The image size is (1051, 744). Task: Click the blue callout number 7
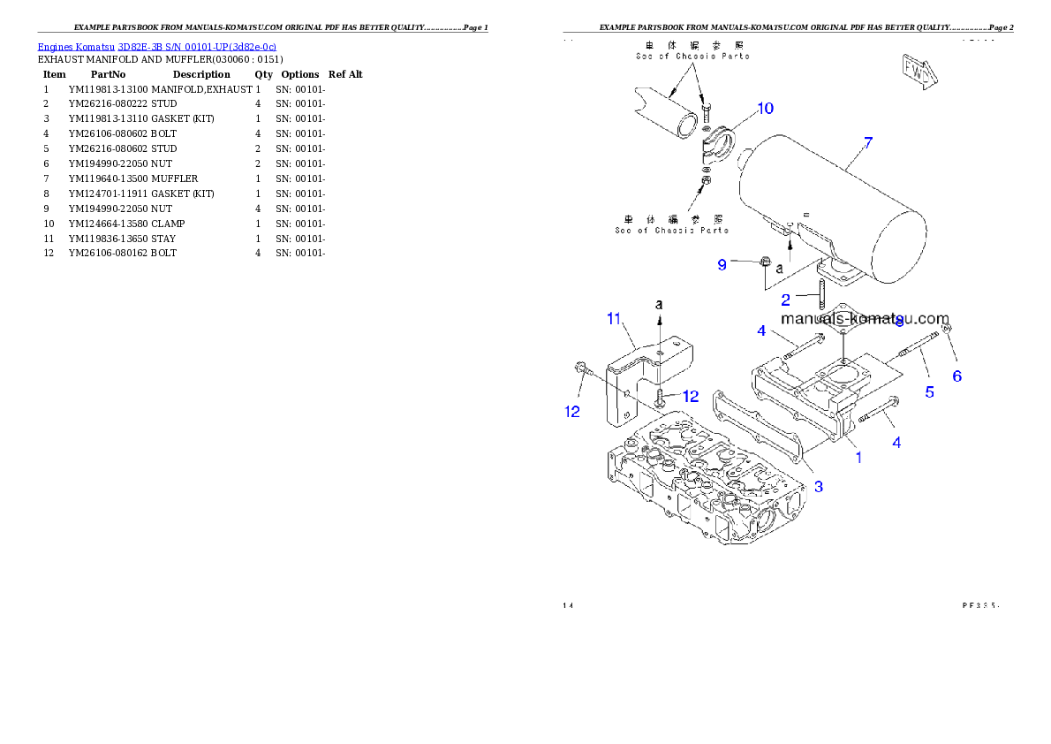point(868,141)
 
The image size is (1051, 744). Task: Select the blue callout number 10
point(765,108)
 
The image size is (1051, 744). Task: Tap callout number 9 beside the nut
point(722,264)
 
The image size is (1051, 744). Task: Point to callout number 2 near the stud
point(785,300)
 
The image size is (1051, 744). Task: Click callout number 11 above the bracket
point(615,319)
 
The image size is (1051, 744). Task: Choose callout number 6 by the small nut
point(956,376)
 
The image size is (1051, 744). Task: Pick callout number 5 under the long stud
point(929,391)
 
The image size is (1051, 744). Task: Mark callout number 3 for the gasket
point(819,486)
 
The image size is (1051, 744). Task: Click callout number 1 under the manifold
point(858,457)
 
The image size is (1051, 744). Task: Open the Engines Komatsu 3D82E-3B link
point(156,46)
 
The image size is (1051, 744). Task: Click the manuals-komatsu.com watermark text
point(865,319)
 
